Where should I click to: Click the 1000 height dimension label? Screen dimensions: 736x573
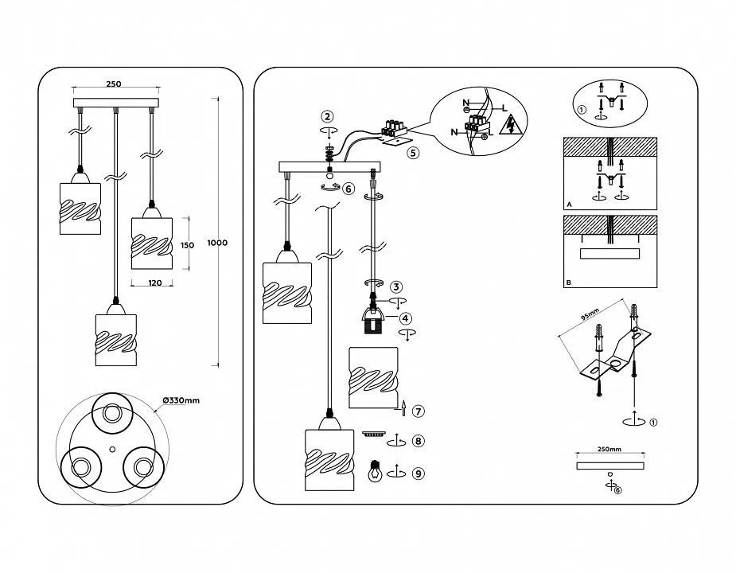[217, 243]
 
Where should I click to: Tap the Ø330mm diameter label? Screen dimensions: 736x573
[181, 400]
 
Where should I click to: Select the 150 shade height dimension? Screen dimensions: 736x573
[187, 245]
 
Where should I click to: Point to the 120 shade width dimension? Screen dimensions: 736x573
[155, 283]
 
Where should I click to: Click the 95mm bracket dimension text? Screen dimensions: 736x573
[590, 314]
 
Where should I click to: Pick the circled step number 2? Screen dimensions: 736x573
[328, 116]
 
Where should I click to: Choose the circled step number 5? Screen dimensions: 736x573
[413, 153]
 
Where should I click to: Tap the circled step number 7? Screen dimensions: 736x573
[419, 411]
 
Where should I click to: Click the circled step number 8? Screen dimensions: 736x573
[419, 441]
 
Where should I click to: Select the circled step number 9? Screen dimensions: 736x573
[419, 474]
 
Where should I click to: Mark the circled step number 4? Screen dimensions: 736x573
[406, 318]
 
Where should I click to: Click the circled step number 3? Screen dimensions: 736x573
[396, 286]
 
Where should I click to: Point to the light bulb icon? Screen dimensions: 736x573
[375, 470]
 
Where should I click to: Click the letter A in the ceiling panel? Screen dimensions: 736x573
[570, 205]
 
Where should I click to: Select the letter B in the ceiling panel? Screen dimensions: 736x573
[570, 283]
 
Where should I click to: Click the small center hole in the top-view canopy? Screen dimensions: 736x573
[111, 449]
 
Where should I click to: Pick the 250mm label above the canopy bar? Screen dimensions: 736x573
[609, 449]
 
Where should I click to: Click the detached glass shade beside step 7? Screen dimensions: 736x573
[374, 377]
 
